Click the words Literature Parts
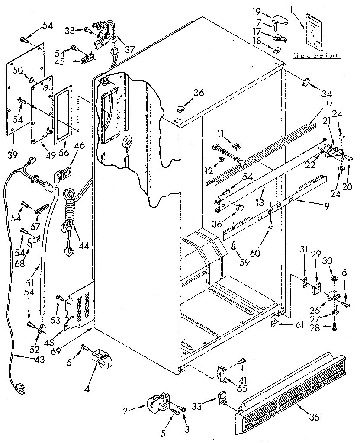click(x=316, y=55)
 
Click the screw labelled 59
click(x=234, y=246)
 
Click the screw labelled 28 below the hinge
click(x=334, y=328)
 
